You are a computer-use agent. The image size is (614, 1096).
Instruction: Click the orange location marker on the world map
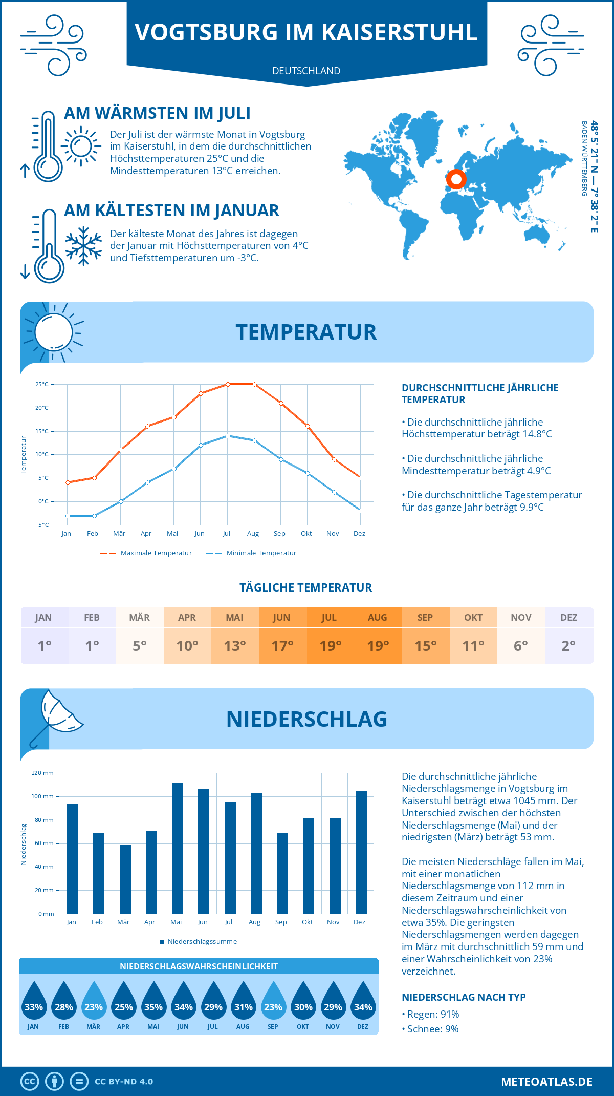coord(456,180)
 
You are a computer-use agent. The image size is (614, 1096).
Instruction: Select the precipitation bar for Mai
coord(177,848)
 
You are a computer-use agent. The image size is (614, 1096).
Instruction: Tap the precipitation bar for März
coord(125,879)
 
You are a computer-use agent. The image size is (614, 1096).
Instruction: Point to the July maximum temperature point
coord(228,384)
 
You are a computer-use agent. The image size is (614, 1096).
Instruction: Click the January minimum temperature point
coord(68,516)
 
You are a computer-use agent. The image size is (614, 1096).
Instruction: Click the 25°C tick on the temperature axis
coord(42,384)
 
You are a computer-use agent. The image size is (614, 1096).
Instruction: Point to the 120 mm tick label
coord(42,773)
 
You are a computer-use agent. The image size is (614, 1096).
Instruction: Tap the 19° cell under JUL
coord(330,646)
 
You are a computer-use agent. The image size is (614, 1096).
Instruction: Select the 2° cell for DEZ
coord(568,646)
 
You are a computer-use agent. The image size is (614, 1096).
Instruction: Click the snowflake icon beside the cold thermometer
coord(83,246)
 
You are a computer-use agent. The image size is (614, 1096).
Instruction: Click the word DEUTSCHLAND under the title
coord(306,71)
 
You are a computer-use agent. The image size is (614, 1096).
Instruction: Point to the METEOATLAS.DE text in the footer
coord(546,1082)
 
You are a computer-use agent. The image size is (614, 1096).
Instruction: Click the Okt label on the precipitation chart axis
coord(307,922)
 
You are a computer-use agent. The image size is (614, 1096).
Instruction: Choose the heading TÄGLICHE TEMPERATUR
coord(306,587)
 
